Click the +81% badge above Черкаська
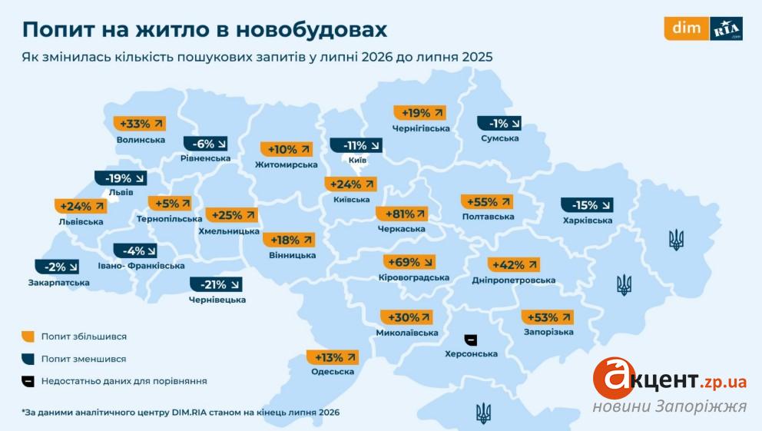[x=402, y=214]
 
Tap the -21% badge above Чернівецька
[x=216, y=284]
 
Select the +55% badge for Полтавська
[x=487, y=201]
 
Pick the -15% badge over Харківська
[x=587, y=205]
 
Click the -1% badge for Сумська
[x=499, y=124]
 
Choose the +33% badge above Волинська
[x=140, y=124]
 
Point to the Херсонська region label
[x=471, y=353]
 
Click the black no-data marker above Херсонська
[x=470, y=340]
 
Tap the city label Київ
[x=357, y=160]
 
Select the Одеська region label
[x=333, y=372]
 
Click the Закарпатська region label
[x=59, y=282]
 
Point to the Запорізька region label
[x=548, y=332]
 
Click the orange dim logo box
[x=687, y=28]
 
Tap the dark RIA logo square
[x=726, y=28]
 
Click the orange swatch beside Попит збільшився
[x=28, y=337]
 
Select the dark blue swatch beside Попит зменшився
[x=28, y=359]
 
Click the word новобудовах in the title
[x=312, y=30]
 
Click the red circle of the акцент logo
[x=613, y=378]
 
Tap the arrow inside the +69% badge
[x=428, y=263]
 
